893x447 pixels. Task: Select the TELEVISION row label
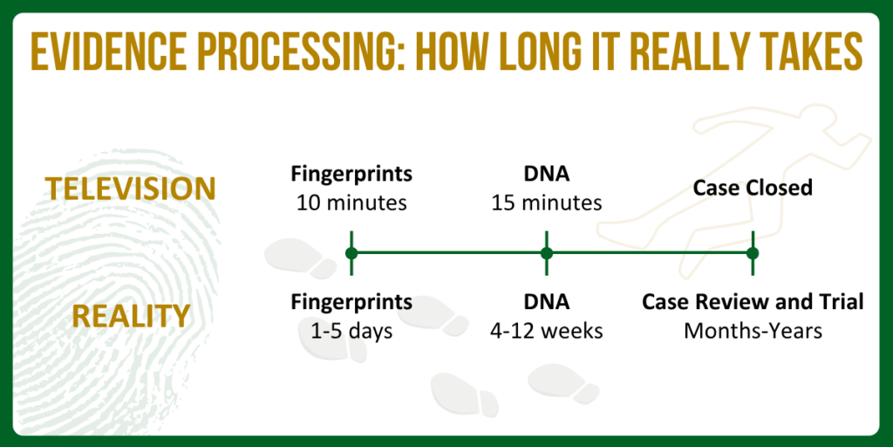[131, 188]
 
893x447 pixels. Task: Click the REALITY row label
[131, 316]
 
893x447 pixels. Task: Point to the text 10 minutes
[351, 203]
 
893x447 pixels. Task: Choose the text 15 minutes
[547, 203]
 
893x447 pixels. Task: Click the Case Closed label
[753, 188]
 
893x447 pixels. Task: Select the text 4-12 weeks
[547, 331]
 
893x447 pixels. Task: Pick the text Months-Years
[753, 331]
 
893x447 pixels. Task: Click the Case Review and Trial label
[753, 302]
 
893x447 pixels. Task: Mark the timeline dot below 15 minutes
[547, 253]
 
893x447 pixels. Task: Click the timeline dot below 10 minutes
[351, 253]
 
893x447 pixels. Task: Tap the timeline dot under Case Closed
[753, 253]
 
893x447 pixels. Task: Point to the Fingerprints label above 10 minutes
[351, 174]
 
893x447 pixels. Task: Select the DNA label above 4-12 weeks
[547, 302]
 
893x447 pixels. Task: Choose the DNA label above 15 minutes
[547, 174]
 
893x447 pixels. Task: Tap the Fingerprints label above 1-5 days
[351, 302]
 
